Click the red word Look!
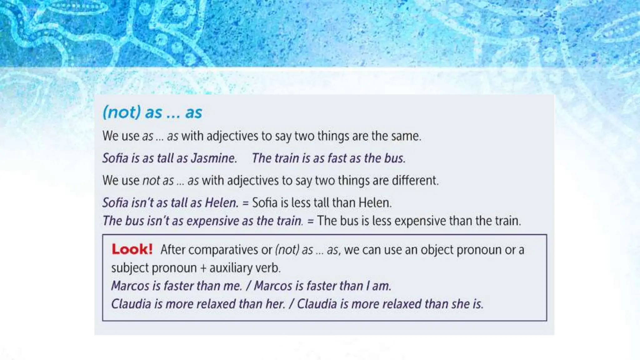pyautogui.click(x=132, y=249)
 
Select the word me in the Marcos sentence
pyautogui.click(x=233, y=286)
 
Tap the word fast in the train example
pyautogui.click(x=337, y=158)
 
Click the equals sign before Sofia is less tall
pyautogui.click(x=245, y=203)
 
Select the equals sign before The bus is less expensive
pyautogui.click(x=310, y=221)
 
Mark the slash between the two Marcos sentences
pyautogui.click(x=248, y=286)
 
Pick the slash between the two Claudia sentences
pyautogui.click(x=291, y=304)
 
